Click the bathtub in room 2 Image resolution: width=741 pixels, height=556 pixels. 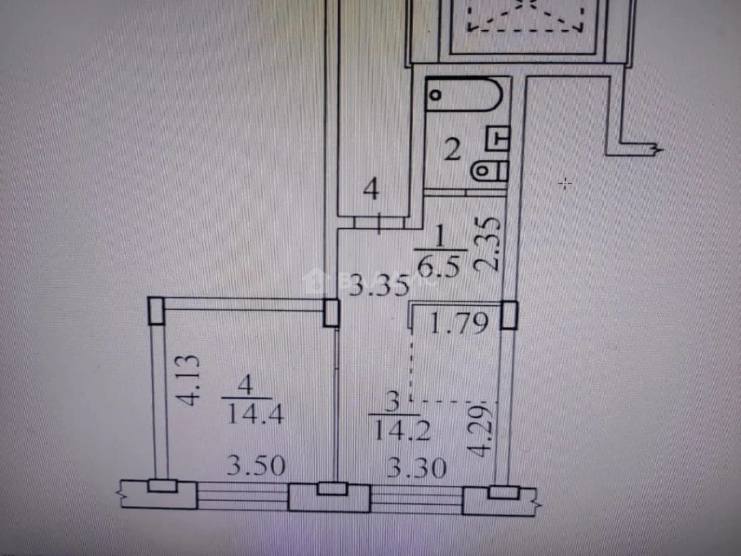464,95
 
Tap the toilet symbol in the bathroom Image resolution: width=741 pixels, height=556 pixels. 490,171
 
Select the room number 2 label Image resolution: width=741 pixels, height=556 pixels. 453,151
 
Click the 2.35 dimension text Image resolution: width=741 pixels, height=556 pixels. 486,244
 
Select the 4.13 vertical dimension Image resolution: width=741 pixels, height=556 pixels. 188,380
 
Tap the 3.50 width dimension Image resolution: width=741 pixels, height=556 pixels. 256,466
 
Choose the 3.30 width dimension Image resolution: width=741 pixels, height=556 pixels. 416,467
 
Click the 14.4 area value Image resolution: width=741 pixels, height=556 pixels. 255,414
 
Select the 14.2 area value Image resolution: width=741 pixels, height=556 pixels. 402,431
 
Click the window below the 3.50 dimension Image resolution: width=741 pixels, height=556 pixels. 242,496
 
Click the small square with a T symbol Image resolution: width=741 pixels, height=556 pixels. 498,138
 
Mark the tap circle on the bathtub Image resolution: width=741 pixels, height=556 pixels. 436,95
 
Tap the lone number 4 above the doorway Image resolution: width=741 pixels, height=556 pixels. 371,190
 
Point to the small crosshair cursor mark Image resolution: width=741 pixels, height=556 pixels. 565,184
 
